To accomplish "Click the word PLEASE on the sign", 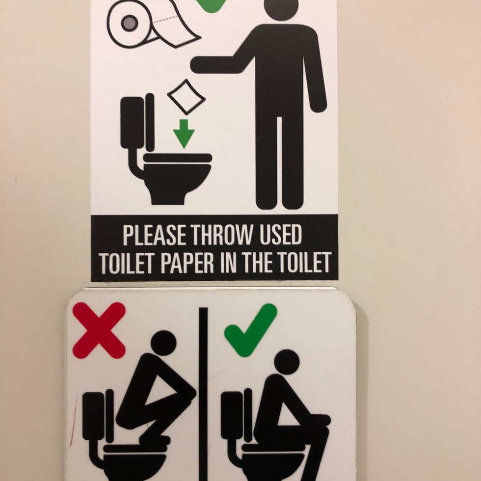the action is click(x=154, y=235).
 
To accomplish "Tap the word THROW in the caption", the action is click(x=222, y=235).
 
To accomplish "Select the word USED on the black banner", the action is click(x=280, y=235).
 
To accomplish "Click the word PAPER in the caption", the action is click(x=187, y=263).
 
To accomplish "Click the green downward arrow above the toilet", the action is click(x=184, y=134).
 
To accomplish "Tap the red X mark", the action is click(x=99, y=330).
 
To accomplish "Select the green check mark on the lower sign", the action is click(x=251, y=330).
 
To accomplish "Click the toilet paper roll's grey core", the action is click(x=130, y=24).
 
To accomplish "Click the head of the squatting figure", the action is click(x=164, y=343).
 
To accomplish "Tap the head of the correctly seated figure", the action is click(x=287, y=362).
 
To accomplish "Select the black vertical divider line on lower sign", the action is click(x=203, y=394).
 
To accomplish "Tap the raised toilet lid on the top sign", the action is click(x=150, y=122).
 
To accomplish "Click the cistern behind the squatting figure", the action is click(x=94, y=417).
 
